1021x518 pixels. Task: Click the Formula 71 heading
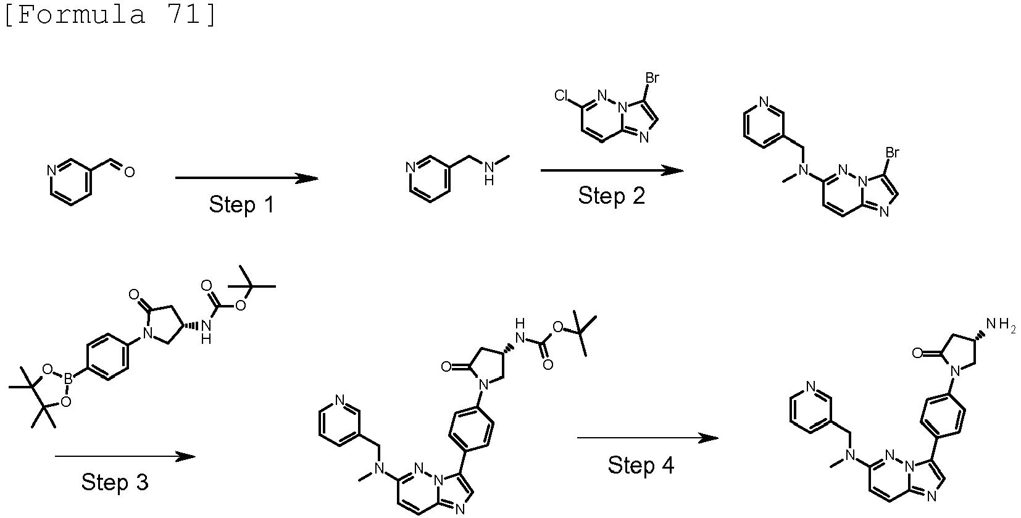point(110,15)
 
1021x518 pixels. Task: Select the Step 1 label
point(241,204)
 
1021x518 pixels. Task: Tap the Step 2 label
point(612,196)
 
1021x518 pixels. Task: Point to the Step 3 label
point(115,482)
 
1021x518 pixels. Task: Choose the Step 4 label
point(641,466)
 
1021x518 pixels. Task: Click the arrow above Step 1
point(246,178)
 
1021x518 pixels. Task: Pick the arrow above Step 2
point(612,170)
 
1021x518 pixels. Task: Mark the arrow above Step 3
point(125,456)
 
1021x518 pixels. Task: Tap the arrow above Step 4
point(648,438)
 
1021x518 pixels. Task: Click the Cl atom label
point(562,95)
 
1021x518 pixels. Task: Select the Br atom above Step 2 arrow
point(652,78)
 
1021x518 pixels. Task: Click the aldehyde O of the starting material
point(130,172)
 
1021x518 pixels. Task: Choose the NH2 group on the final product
point(1001,325)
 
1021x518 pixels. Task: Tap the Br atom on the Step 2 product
point(892,152)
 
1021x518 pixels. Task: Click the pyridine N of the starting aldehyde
point(51,171)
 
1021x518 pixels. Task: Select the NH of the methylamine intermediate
point(489,173)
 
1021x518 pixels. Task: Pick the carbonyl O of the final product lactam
point(917,353)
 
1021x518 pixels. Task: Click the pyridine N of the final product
point(811,386)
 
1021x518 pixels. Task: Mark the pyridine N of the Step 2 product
point(764,101)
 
